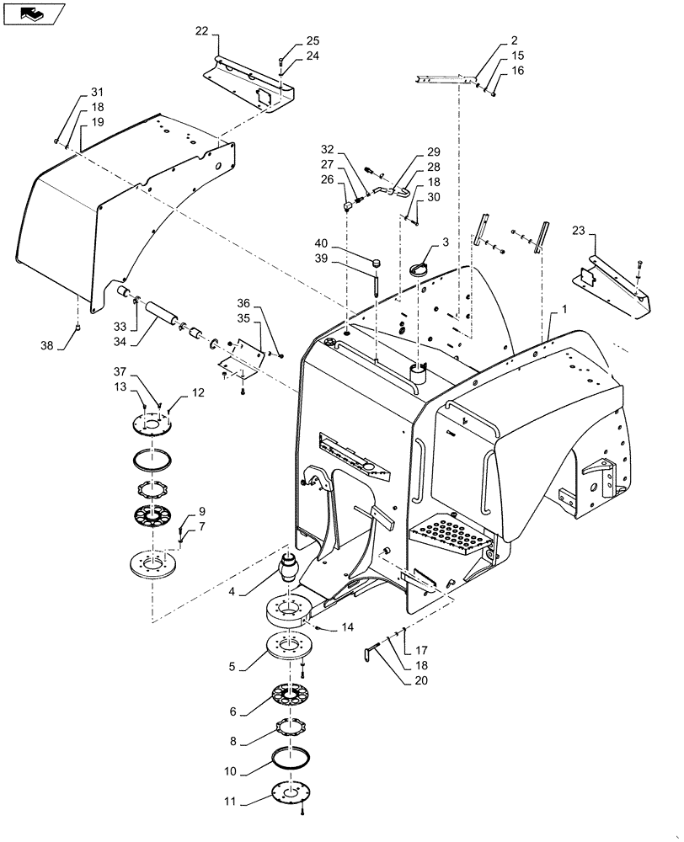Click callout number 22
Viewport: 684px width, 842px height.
[x=201, y=31]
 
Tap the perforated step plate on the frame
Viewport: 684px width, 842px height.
[x=451, y=536]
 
